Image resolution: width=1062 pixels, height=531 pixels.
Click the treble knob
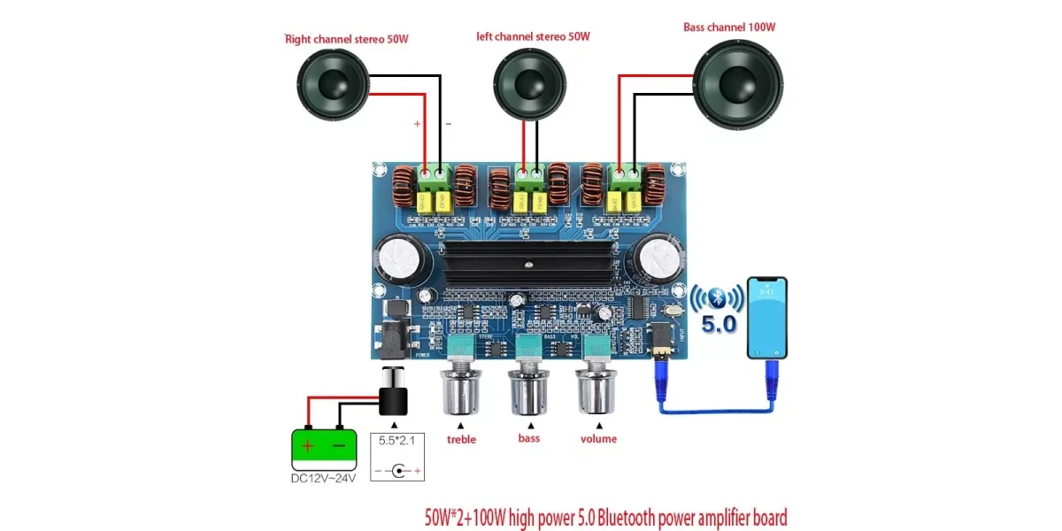(461, 389)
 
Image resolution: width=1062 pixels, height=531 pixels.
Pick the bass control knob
(529, 389)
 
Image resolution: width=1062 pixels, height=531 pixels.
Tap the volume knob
(597, 389)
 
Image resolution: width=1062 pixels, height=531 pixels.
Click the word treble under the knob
(461, 440)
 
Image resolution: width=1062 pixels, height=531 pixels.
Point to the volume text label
(598, 439)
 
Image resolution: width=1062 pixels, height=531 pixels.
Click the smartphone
(766, 318)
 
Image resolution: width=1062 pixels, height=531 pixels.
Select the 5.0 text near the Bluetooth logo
(719, 325)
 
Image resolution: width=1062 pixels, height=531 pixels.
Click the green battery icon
(324, 447)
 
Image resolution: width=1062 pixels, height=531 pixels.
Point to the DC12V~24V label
(324, 479)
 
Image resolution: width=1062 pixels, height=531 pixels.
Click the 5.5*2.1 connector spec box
(396, 455)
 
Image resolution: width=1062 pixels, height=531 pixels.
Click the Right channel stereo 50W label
(347, 40)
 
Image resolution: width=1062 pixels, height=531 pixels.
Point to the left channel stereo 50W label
(533, 36)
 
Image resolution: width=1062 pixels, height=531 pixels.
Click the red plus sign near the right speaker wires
(417, 124)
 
